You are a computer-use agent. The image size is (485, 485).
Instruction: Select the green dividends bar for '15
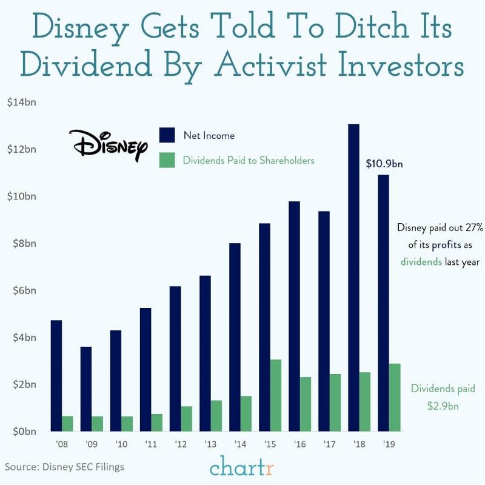point(276,395)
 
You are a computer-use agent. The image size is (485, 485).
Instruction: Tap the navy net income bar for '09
point(85,389)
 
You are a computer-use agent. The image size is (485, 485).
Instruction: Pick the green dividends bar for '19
point(395,397)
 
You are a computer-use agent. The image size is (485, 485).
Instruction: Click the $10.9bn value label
point(384,164)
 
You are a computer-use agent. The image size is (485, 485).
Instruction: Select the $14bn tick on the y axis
point(21,102)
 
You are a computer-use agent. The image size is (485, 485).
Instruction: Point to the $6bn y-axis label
point(21,290)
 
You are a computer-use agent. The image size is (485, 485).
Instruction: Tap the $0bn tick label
point(21,432)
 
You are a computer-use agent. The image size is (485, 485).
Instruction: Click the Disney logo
point(108,144)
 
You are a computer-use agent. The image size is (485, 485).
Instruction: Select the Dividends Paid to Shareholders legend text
point(249,161)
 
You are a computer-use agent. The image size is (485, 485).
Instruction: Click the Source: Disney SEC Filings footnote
point(64,467)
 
